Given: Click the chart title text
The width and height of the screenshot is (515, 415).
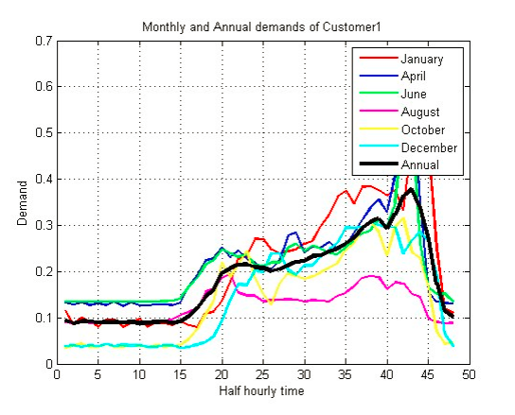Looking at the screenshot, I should pyautogui.click(x=261, y=26).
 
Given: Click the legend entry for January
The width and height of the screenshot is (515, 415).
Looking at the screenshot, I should pyautogui.click(x=414, y=59).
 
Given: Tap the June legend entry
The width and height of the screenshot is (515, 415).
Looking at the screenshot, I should pyautogui.click(x=407, y=95).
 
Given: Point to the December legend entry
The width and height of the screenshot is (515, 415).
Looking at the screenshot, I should pyautogui.click(x=420, y=148).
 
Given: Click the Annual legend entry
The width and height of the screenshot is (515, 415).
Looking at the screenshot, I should pyautogui.click(x=411, y=166).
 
